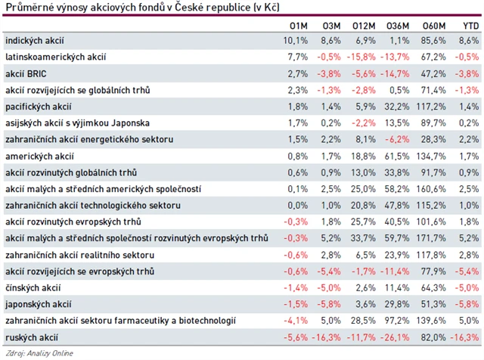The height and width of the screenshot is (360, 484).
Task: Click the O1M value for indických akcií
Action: coord(296,39)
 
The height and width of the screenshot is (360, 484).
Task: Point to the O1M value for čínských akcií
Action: coord(296,287)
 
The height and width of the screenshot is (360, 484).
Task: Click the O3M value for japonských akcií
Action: coord(330,303)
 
